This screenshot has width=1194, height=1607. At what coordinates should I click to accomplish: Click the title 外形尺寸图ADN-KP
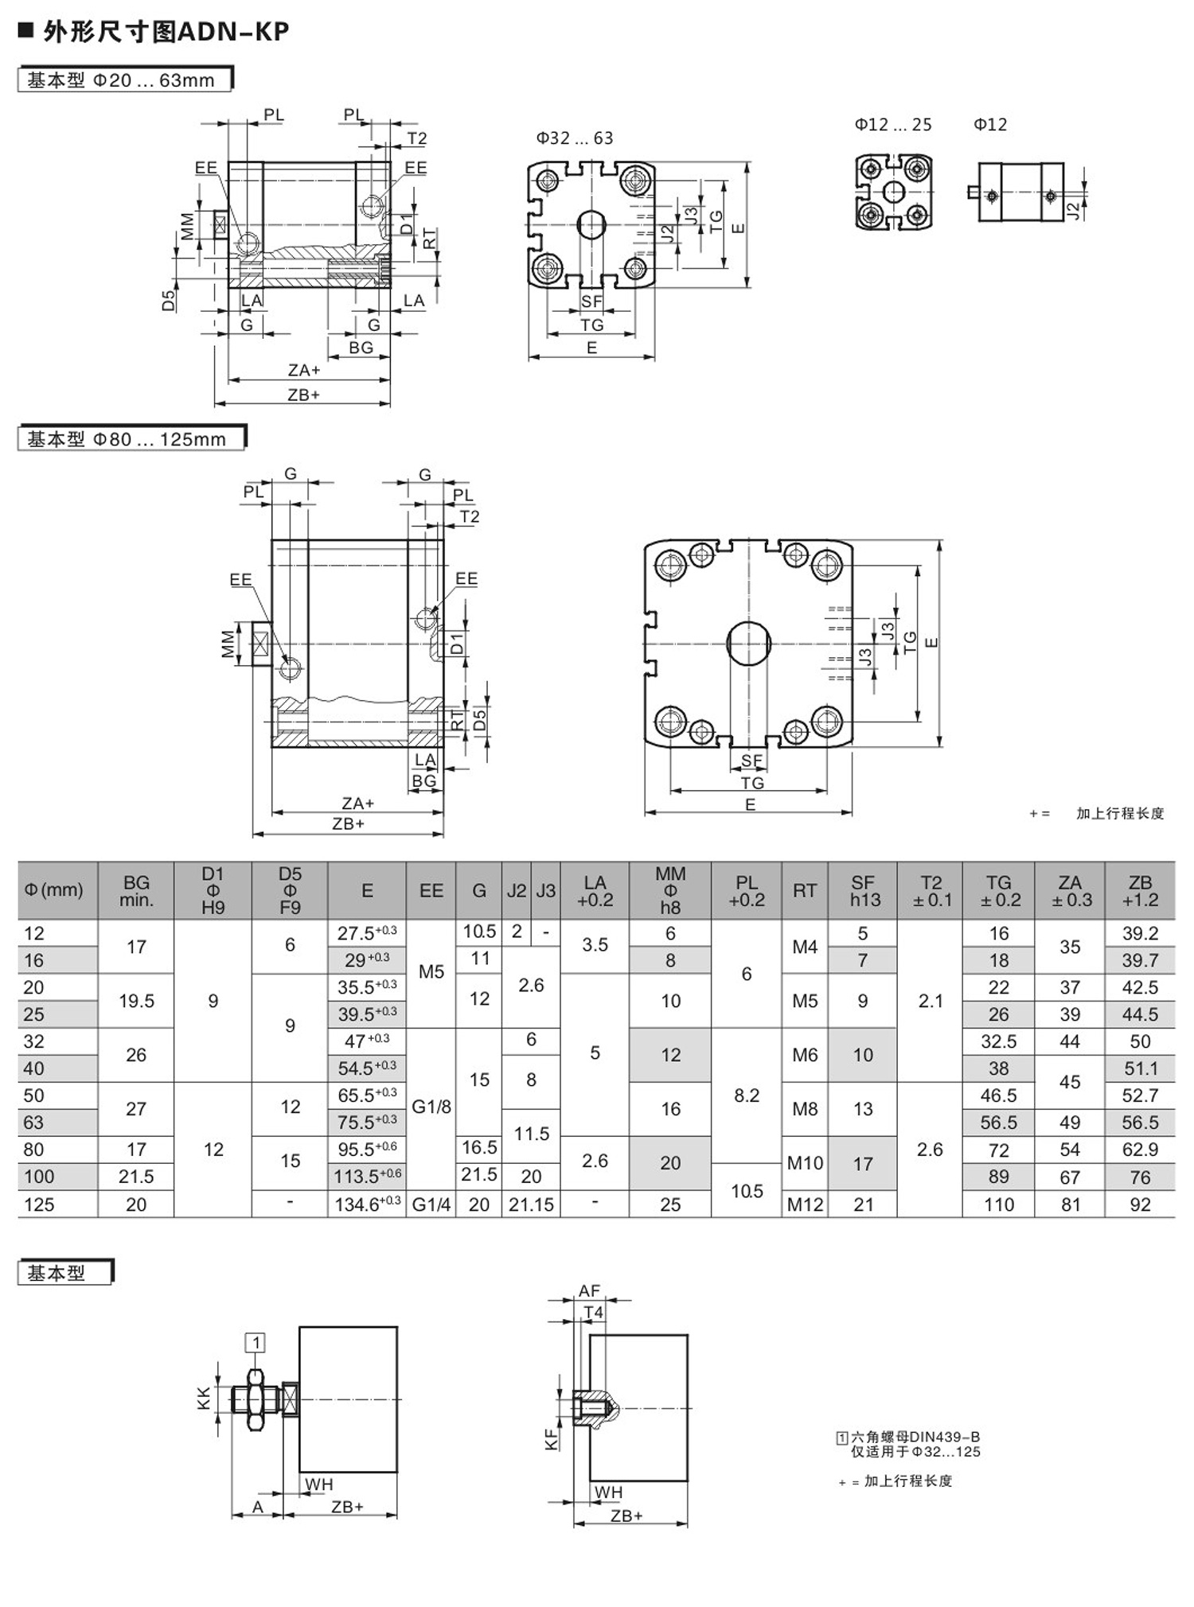pos(166,32)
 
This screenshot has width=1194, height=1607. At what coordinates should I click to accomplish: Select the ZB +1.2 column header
pos(1140,890)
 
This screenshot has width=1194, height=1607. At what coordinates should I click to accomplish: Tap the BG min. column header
pos(136,890)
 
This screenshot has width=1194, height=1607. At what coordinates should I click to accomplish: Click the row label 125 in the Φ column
pos(39,1204)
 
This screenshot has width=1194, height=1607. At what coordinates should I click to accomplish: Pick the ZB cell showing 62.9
pos(1140,1150)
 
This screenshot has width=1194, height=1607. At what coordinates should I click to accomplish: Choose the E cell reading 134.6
pos(367,1204)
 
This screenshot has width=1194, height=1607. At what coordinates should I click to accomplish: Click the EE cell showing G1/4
pos(431,1204)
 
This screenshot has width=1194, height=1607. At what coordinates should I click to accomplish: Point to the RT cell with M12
pos(805,1204)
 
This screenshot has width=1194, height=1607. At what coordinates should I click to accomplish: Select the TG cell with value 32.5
pos(998,1041)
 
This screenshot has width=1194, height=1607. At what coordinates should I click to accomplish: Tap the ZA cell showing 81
pos(1071,1204)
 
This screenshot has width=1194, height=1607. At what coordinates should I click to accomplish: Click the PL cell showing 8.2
pos(747,1095)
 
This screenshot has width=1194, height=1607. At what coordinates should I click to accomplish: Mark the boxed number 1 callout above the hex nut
pos(256,1343)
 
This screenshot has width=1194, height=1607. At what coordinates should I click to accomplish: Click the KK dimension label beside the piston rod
pos(205,1399)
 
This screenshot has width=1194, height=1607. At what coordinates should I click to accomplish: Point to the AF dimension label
pos(589,1291)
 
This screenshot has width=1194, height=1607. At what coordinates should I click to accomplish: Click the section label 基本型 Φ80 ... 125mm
pos(127,439)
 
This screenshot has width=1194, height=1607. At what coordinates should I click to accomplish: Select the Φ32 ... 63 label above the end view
pos(575,138)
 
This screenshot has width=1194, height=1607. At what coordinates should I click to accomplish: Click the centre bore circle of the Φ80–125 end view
pos(749,643)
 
